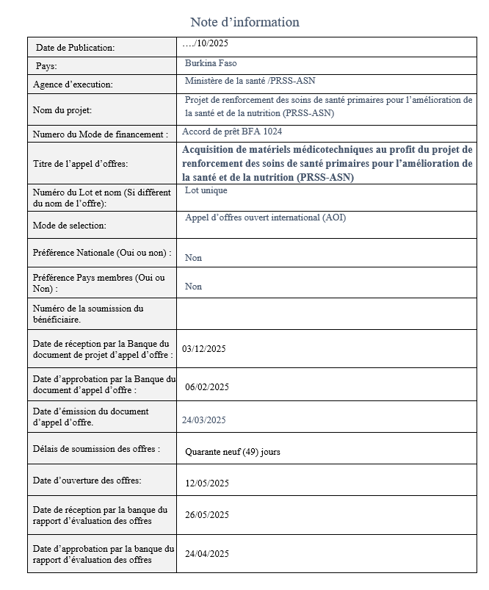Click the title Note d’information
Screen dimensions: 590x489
pyautogui.click(x=245, y=22)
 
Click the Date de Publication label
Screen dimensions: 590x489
pyautogui.click(x=75, y=48)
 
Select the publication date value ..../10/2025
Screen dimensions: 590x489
pyautogui.click(x=205, y=43)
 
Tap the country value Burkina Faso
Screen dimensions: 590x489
pyautogui.click(x=211, y=63)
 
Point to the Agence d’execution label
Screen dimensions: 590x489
pyautogui.click(x=73, y=84)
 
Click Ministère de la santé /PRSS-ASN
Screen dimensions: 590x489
pyautogui.click(x=250, y=81)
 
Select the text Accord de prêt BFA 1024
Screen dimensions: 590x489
pyautogui.click(x=233, y=132)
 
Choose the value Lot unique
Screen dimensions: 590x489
pyautogui.click(x=206, y=190)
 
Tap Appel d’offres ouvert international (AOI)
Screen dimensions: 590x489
pyautogui.click(x=265, y=217)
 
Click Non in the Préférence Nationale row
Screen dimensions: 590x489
pyautogui.click(x=193, y=258)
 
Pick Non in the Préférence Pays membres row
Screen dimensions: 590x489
pyautogui.click(x=193, y=287)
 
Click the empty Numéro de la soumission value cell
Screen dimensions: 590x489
pyautogui.click(x=325, y=313)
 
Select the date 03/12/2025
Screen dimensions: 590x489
pyautogui.click(x=203, y=349)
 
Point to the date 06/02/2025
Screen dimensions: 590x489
pyautogui.click(x=207, y=387)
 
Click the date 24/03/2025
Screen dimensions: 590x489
pyautogui.click(x=203, y=420)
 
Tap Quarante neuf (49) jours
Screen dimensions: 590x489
pyautogui.click(x=232, y=452)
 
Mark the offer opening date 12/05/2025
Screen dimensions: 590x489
pyautogui.click(x=207, y=483)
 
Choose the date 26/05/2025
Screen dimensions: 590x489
pyautogui.click(x=207, y=515)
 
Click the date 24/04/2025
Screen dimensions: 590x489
pyautogui.click(x=207, y=554)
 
